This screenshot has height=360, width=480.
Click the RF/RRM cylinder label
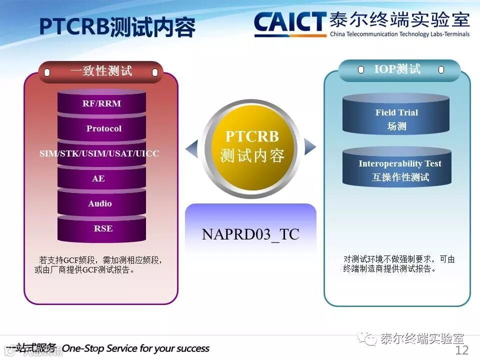101,104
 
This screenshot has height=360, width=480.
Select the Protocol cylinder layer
103,128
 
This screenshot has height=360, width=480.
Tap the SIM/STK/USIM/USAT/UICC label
99,153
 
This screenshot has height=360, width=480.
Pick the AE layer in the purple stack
98,178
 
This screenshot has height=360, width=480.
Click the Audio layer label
100,203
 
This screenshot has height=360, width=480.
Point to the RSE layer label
103,228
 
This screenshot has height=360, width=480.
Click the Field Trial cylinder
396,119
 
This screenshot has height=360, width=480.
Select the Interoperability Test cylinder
399,170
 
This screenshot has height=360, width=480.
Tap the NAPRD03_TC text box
250,234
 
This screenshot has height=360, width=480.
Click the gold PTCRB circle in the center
251,146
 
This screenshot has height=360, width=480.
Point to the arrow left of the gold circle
191,148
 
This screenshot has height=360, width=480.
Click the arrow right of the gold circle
310,146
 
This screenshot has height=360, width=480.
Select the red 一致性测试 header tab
101,71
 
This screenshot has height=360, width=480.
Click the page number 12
461,350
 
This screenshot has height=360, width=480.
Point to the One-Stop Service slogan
135,348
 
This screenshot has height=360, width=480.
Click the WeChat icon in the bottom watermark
370,339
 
